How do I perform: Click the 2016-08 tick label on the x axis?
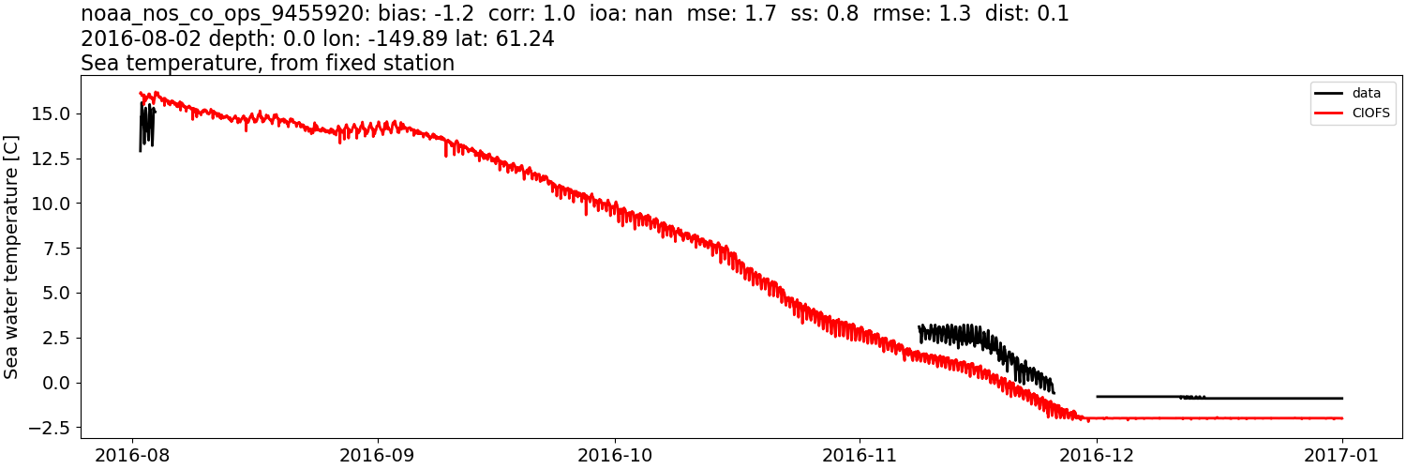pyautogui.click(x=132, y=454)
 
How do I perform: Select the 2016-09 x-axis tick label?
pyautogui.click(x=379, y=454)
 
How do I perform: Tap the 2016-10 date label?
pyautogui.click(x=616, y=454)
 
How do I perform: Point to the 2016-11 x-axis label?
pyautogui.click(x=860, y=454)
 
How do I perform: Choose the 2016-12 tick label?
pyautogui.click(x=1098, y=454)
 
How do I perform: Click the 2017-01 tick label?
pyautogui.click(x=1342, y=454)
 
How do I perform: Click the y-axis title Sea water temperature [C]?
pyautogui.click(x=12, y=257)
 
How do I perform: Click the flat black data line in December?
pyautogui.click(x=1219, y=398)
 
